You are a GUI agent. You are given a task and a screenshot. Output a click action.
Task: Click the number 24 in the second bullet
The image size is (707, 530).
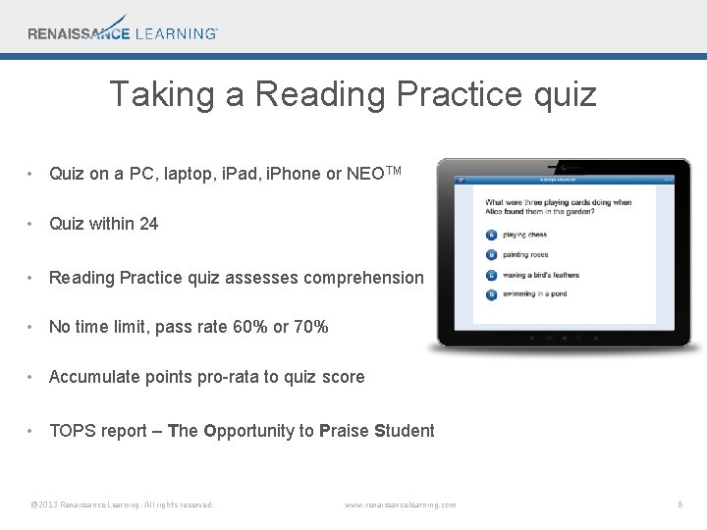148,224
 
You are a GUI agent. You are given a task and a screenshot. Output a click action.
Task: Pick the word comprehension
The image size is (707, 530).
364,278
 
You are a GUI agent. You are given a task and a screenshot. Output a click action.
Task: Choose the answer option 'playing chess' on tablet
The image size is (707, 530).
524,235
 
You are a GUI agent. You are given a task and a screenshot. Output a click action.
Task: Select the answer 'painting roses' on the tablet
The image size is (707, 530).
525,255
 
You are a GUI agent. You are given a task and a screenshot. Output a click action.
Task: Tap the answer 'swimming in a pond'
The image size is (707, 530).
533,294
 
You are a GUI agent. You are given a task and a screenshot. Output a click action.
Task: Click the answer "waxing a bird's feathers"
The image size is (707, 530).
540,275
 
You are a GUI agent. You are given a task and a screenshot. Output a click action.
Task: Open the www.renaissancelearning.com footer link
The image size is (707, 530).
401,504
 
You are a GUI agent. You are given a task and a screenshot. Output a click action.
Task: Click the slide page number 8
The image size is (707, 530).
680,504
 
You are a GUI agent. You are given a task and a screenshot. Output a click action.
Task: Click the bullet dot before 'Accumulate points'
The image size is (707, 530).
32,377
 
